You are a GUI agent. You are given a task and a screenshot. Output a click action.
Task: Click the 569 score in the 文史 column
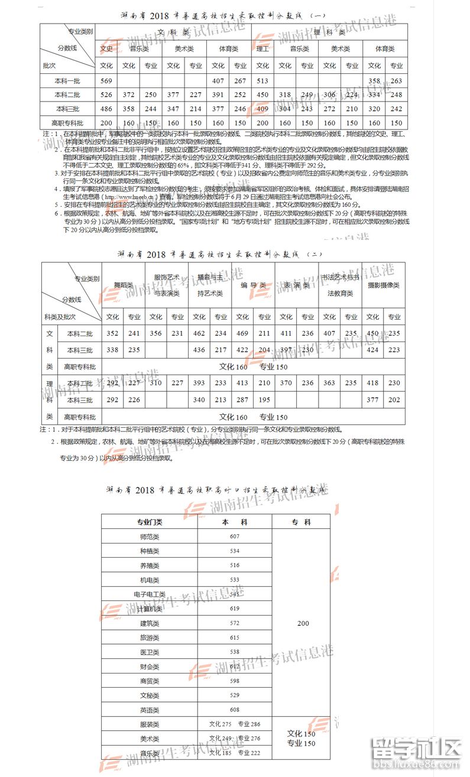pyautogui.click(x=106, y=80)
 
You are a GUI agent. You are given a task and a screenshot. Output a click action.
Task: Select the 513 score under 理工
pyautogui.click(x=262, y=80)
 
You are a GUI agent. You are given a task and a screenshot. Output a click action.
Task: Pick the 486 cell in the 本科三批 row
pyautogui.click(x=106, y=109)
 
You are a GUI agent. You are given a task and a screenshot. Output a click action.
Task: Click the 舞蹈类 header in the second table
pyautogui.click(x=123, y=285)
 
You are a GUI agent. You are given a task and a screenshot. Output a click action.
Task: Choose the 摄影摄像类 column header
pyautogui.click(x=384, y=285)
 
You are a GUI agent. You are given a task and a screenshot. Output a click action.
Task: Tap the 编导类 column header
pyautogui.click(x=253, y=285)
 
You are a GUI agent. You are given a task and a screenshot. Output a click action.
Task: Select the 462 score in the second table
pyautogui.click(x=199, y=334)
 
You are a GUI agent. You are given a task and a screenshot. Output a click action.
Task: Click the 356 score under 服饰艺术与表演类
pyautogui.click(x=156, y=334)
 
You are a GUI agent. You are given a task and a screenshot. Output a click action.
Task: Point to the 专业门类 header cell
pyautogui.click(x=150, y=522)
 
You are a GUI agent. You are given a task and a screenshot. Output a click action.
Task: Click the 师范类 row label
pyautogui.click(x=150, y=537)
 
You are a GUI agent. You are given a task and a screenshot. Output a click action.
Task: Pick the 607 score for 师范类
pyautogui.click(x=235, y=537)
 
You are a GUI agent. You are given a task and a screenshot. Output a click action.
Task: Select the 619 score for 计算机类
pyautogui.click(x=235, y=609)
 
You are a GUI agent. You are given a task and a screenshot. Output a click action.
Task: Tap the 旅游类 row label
pyautogui.click(x=150, y=638)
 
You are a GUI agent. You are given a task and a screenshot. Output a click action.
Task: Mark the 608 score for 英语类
pyautogui.click(x=235, y=710)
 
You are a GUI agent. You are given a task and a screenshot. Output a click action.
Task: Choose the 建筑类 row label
pyautogui.click(x=150, y=623)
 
